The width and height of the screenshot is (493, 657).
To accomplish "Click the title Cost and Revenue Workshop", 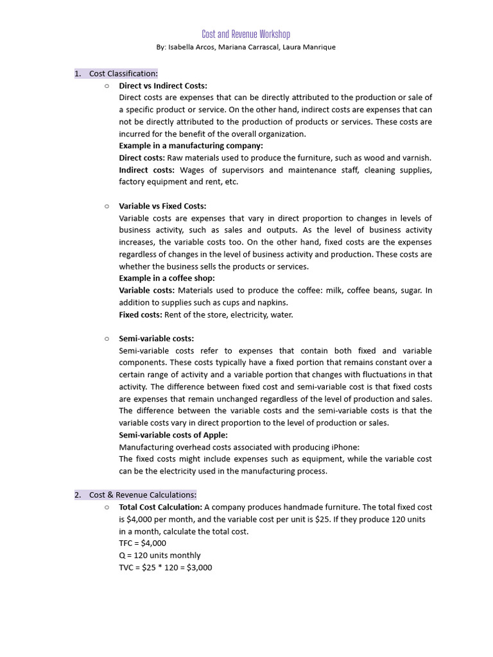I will pyautogui.click(x=246, y=34).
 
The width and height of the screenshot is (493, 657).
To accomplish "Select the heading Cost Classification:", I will pyautogui.click(x=123, y=74).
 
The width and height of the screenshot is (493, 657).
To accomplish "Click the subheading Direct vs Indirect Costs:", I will pyautogui.click(x=163, y=85).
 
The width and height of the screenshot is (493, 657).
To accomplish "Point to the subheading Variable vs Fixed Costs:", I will pyautogui.click(x=162, y=206).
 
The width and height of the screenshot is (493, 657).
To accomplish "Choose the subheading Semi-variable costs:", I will pyautogui.click(x=157, y=338).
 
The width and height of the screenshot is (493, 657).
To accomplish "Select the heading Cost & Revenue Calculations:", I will pyautogui.click(x=143, y=495).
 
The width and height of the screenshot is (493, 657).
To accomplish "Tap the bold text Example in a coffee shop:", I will pyautogui.click(x=167, y=278).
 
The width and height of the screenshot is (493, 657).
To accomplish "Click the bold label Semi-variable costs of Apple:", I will pyautogui.click(x=173, y=435).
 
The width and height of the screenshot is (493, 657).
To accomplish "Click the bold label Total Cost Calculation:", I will pyautogui.click(x=160, y=507).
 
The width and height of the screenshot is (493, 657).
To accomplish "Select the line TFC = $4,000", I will pyautogui.click(x=143, y=543).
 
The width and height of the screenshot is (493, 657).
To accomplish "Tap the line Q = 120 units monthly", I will pyautogui.click(x=160, y=555).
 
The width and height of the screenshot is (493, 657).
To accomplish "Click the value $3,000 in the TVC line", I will pyautogui.click(x=199, y=567).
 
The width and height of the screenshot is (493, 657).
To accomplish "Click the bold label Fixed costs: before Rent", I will pyautogui.click(x=141, y=314).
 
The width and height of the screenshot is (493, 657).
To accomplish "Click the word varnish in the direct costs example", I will pyautogui.click(x=416, y=158).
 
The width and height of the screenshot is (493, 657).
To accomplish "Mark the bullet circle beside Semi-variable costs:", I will pyautogui.click(x=107, y=338).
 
